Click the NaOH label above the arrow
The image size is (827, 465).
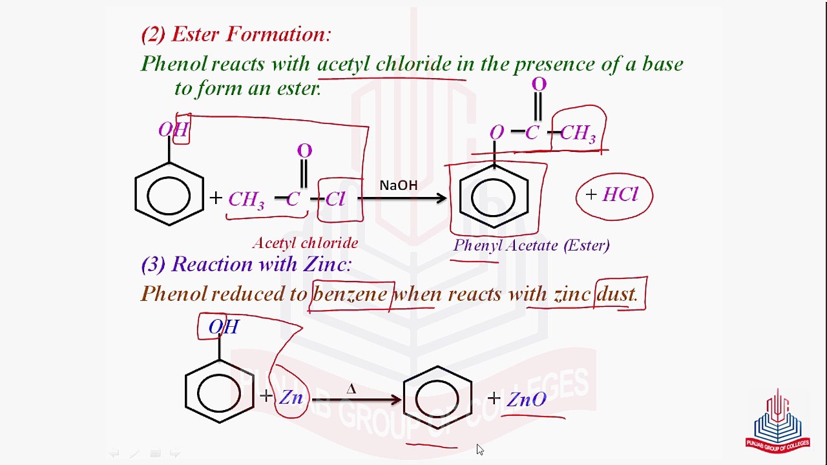point(398,186)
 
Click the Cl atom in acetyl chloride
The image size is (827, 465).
point(335,199)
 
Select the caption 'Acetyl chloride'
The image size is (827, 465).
point(305,243)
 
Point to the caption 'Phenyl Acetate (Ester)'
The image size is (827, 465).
point(531,245)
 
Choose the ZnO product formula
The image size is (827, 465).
point(527,399)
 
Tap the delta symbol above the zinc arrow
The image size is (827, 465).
point(351,389)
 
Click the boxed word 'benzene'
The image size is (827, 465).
point(350,294)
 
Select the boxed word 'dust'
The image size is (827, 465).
point(618,294)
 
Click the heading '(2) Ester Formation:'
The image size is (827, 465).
point(236,34)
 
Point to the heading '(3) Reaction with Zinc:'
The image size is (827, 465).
point(246,264)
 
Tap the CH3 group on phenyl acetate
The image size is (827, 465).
point(578,134)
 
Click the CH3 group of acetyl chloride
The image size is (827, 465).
point(246,200)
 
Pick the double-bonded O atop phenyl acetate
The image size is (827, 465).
point(539,84)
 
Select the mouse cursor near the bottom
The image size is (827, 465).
point(480,449)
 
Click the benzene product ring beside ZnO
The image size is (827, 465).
point(437,397)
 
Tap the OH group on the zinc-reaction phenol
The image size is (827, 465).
point(224,327)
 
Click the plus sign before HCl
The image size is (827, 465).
point(591,194)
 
